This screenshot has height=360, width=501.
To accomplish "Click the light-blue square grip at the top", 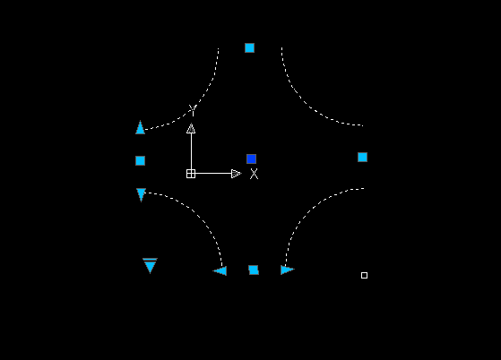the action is click(x=249, y=47).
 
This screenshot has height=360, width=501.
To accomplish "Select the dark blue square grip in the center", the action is click(x=252, y=159).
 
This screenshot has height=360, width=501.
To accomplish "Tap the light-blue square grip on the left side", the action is click(x=141, y=160).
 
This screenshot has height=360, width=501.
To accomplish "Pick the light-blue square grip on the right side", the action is click(x=362, y=157).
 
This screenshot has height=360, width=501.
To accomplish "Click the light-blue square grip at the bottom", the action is click(x=254, y=270).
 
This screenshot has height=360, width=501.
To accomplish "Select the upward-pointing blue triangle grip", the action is click(x=141, y=128).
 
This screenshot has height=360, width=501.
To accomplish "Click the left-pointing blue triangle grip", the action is click(x=220, y=270).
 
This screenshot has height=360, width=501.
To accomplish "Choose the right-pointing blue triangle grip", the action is click(x=287, y=270).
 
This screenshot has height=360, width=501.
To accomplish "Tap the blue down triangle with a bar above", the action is click(x=150, y=266).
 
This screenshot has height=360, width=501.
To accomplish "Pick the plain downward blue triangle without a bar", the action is click(x=141, y=194).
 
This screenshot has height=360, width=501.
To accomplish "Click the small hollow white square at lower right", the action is click(x=364, y=276).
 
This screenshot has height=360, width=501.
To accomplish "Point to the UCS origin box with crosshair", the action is click(x=191, y=174).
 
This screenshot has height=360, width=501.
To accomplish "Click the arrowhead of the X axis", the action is click(x=236, y=174).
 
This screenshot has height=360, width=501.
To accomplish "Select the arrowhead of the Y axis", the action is click(x=191, y=128).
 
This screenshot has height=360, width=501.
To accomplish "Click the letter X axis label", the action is click(x=254, y=174).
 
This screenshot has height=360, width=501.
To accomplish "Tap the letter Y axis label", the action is click(x=192, y=110).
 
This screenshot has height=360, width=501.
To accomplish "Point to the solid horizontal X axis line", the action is click(x=213, y=174).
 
